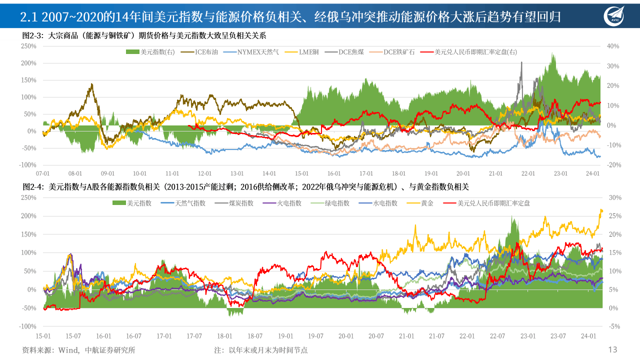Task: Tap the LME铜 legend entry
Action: (309, 51)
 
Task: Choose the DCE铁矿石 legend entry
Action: (398, 51)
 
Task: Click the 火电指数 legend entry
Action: (289, 203)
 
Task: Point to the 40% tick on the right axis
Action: (612, 46)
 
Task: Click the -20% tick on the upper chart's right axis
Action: (612, 165)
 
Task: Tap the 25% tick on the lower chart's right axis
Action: (615, 216)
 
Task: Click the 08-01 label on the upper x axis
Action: (75, 173)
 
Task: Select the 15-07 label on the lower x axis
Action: (73, 336)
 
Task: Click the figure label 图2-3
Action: (33, 36)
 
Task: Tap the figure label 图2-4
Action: (33, 186)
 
